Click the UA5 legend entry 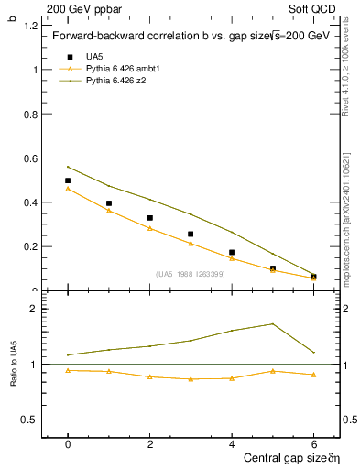(94, 57)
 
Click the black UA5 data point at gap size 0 (68, 180)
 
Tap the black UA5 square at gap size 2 (149, 218)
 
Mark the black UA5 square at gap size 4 (232, 252)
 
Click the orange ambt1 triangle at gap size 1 (109, 211)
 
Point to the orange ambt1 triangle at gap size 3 (191, 244)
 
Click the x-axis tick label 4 (232, 444)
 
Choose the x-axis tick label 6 (313, 444)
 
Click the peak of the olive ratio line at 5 (273, 323)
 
